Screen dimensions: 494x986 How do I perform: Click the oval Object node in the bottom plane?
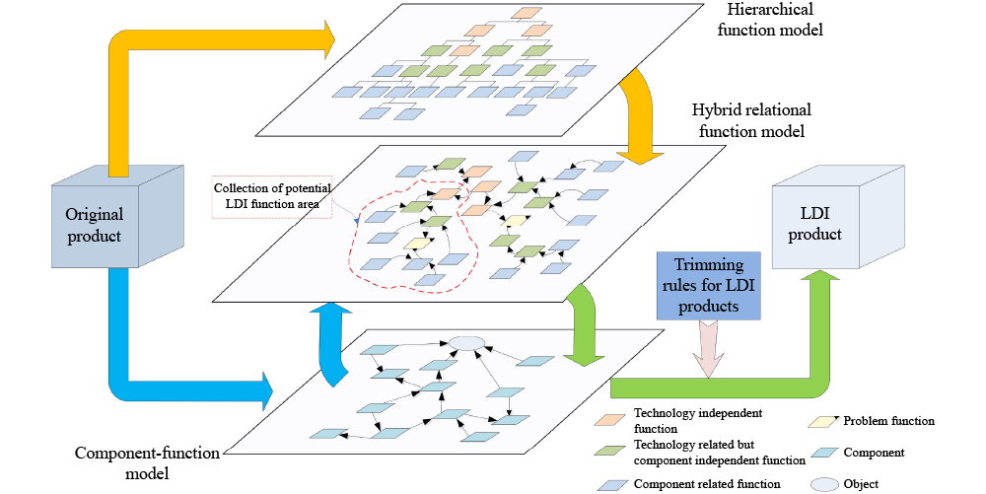tap(467, 343)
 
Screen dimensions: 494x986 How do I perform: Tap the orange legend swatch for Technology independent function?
tap(610, 418)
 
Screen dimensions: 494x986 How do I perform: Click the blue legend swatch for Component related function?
tap(610, 484)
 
